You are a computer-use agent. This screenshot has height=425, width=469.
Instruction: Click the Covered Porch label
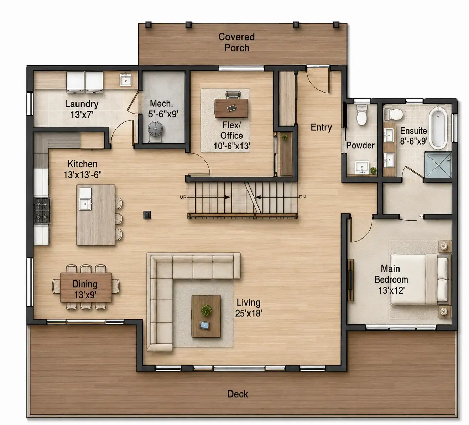[236, 42]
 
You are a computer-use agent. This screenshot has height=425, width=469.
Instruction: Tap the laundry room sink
[126, 80]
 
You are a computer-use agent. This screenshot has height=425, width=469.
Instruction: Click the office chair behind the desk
[233, 94]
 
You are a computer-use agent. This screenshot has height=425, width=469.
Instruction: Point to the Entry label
[321, 127]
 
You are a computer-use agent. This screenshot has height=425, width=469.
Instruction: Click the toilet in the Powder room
[362, 115]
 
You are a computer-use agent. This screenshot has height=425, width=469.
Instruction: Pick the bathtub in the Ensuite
[438, 128]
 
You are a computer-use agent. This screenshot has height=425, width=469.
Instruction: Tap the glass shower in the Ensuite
[438, 165]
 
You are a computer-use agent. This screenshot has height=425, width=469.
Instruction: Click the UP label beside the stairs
[183, 197]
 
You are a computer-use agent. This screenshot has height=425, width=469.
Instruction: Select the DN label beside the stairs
[302, 197]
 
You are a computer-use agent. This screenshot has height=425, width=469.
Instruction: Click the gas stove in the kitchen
[42, 210]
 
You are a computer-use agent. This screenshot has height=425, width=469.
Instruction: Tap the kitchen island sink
[85, 199]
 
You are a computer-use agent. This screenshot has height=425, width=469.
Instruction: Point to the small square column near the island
[147, 215]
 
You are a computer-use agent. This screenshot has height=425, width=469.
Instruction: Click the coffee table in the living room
[206, 316]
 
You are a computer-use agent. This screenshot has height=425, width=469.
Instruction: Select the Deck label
[238, 394]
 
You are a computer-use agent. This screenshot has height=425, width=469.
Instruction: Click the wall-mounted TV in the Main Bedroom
[350, 280]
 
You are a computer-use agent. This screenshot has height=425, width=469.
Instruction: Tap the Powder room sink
[362, 167]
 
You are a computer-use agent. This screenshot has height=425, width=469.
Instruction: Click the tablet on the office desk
[232, 108]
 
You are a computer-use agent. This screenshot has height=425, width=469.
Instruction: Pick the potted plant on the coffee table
[206, 310]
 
